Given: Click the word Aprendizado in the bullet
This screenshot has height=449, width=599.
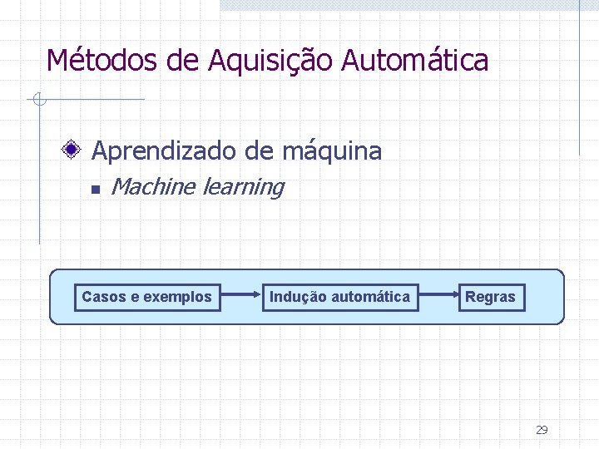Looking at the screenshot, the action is click(165, 151).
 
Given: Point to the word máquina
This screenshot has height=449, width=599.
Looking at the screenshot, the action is click(332, 151).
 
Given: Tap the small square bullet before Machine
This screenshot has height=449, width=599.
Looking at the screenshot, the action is click(95, 190).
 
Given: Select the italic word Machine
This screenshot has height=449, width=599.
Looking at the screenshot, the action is click(152, 187).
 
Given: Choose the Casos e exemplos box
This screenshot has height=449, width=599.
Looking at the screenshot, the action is click(147, 297).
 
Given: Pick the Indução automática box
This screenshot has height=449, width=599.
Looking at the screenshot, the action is click(339, 297).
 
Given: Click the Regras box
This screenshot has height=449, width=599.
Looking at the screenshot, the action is click(491, 297).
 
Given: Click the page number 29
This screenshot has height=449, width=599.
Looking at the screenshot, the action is click(542, 430).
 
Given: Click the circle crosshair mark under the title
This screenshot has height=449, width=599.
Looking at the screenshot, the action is click(37, 101).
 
